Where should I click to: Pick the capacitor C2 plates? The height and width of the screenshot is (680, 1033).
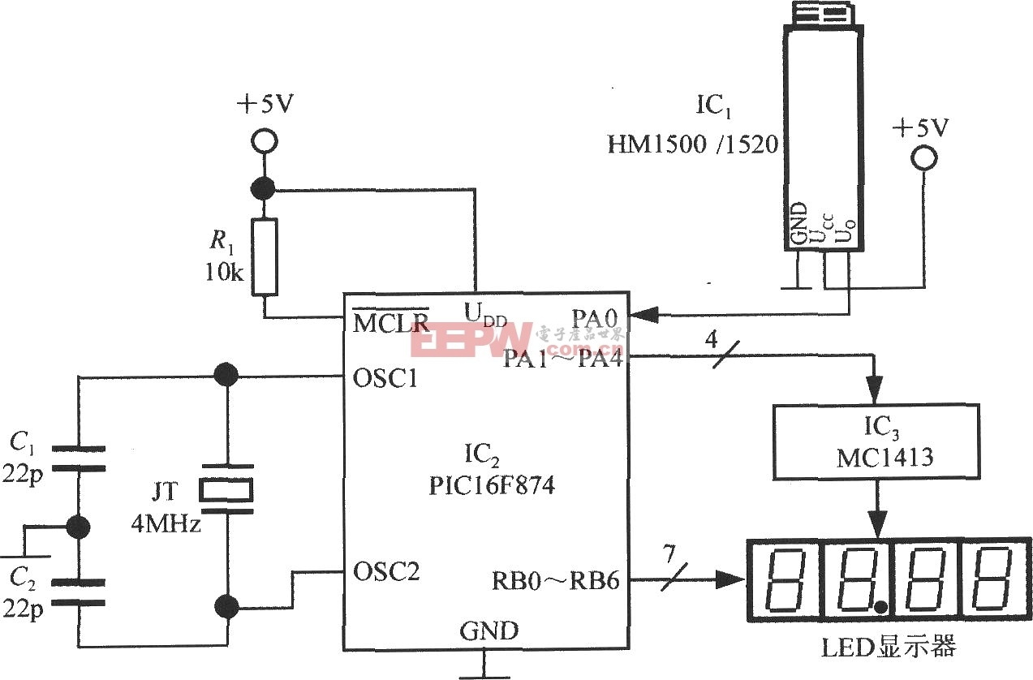(x=78, y=592)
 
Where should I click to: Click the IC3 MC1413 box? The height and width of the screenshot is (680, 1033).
(x=877, y=441)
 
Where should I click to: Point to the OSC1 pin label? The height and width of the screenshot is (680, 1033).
(x=386, y=378)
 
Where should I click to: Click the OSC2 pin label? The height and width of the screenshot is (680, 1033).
(x=387, y=571)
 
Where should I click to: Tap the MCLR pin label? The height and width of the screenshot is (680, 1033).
(x=391, y=323)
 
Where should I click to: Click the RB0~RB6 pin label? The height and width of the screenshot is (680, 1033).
(x=556, y=581)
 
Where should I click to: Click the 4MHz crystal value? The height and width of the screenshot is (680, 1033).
(x=166, y=524)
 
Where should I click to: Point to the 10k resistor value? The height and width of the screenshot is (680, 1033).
(x=224, y=272)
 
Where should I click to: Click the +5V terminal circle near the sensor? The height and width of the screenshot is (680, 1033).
(x=923, y=158)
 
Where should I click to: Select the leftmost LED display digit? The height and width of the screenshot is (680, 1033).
(x=780, y=580)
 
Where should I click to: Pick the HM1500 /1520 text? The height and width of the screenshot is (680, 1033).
(x=693, y=145)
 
